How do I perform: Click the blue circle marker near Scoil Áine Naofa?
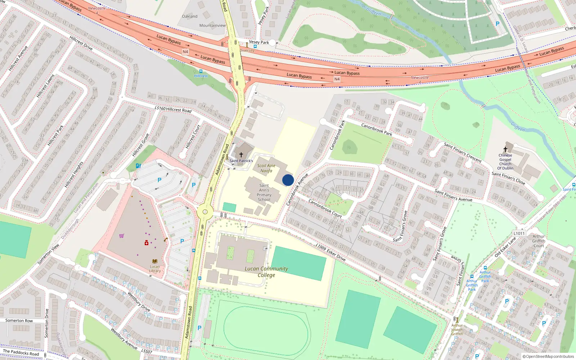pyautogui.click(x=288, y=180)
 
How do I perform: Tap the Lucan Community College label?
pyautogui.click(x=266, y=272)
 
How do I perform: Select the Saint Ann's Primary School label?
pyautogui.click(x=264, y=193)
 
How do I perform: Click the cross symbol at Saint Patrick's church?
pyautogui.click(x=241, y=155)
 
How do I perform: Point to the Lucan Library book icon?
pyautogui.click(x=155, y=261)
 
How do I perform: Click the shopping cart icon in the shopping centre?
pyautogui.click(x=122, y=236)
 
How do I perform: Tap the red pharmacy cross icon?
pyautogui.click(x=147, y=243)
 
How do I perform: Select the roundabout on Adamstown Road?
pyautogui.click(x=205, y=212)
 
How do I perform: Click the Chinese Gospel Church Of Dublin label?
pyautogui.click(x=505, y=162)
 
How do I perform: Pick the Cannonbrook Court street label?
pyautogui.click(x=325, y=209)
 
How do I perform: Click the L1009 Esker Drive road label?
pyautogui.click(x=330, y=252)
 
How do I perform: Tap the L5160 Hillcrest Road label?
pyautogui.click(x=173, y=109)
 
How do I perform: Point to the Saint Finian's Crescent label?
pyautogui.click(x=463, y=152)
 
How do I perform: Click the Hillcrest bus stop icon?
pyautogui.click(x=201, y=71)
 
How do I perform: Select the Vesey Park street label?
pyautogui.click(x=259, y=42)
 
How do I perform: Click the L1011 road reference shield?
pyautogui.click(x=519, y=233)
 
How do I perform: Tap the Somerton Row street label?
pyautogui.click(x=19, y=320)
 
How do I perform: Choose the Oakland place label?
pyautogui.click(x=190, y=16)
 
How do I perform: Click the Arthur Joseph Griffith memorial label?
pyautogui.click(x=457, y=329)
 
